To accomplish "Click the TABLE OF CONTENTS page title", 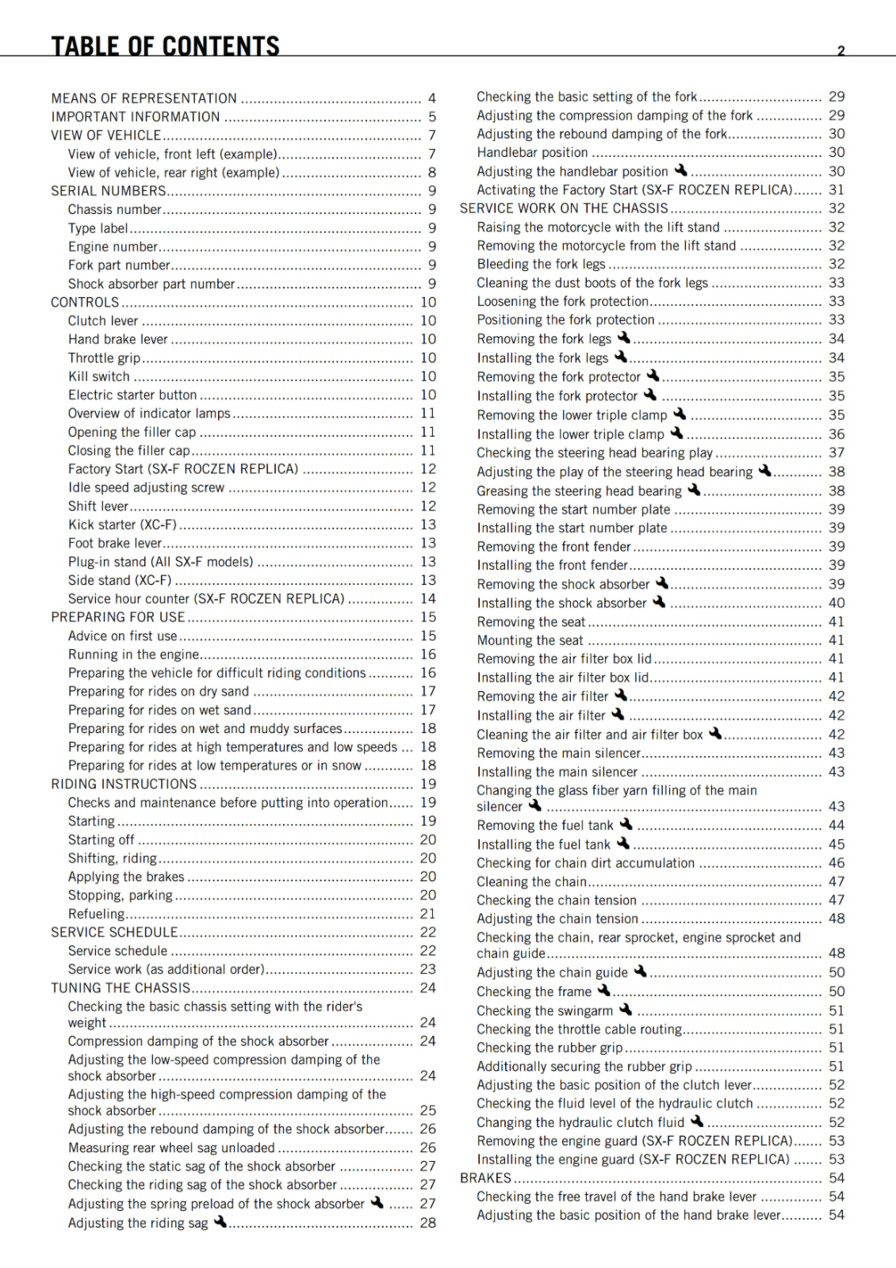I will (165, 46).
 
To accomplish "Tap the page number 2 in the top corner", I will (841, 51).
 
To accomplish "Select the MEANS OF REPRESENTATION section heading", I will (144, 98).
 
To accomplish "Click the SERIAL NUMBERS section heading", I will (109, 191).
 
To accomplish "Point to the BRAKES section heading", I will (485, 1178).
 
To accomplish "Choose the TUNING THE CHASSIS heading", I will (121, 988).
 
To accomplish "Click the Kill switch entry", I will (98, 376).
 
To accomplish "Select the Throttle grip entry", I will (104, 358).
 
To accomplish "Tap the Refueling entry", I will (96, 914).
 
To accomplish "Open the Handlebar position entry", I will (532, 152).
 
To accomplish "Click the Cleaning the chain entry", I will (531, 881).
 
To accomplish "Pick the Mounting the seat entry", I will (530, 640).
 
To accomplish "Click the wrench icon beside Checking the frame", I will (604, 990).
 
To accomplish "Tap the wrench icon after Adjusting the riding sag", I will (220, 1221).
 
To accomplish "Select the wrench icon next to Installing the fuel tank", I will (623, 843).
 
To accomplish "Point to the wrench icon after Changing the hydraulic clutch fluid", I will (697, 1121).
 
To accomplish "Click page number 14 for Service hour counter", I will (428, 599).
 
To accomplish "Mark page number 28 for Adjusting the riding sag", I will (428, 1223).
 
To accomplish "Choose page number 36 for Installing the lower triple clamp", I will (837, 434).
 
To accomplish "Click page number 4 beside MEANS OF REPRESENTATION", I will (432, 98).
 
